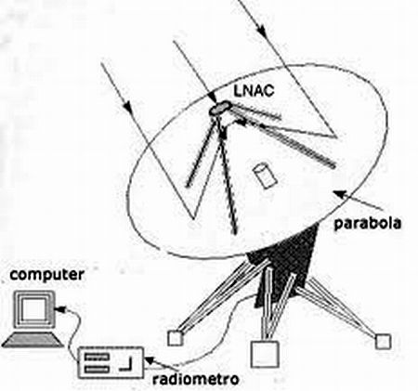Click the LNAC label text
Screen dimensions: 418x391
(x=254, y=91)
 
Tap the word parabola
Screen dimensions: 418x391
(x=368, y=223)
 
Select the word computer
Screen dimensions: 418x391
(x=46, y=275)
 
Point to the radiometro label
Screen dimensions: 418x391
(x=196, y=379)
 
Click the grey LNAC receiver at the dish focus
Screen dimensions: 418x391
(x=220, y=108)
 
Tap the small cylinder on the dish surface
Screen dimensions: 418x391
(x=264, y=175)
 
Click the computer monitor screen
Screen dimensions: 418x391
(x=33, y=310)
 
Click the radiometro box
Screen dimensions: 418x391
(x=111, y=362)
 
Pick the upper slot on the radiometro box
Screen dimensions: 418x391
(x=98, y=357)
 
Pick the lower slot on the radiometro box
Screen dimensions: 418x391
(x=98, y=369)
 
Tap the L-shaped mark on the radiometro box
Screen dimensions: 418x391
(x=127, y=364)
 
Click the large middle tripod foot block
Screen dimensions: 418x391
(x=265, y=354)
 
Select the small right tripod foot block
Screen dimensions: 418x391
(x=384, y=342)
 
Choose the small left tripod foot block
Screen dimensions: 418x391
(x=176, y=338)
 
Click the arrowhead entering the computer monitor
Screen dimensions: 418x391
(x=61, y=309)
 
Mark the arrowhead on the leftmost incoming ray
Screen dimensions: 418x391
(x=128, y=106)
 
